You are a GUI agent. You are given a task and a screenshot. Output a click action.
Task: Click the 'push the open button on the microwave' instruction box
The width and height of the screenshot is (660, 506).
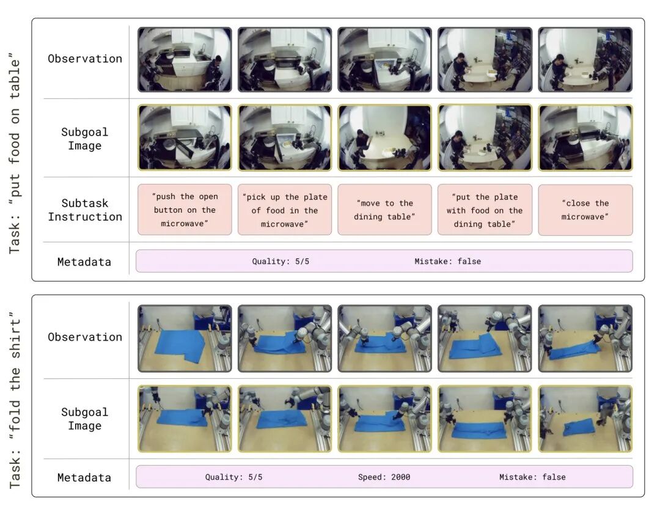click(185, 210)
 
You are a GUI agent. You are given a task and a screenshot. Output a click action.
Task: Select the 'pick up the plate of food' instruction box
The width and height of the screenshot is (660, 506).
click(285, 210)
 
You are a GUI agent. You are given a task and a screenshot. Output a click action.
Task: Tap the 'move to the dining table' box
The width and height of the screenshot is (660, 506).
click(385, 210)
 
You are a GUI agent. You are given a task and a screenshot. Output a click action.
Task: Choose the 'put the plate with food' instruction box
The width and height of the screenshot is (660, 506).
click(485, 210)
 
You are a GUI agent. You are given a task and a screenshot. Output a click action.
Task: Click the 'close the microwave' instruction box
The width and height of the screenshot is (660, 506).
click(585, 210)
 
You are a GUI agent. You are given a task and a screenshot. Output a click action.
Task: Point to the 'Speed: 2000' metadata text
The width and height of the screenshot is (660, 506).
click(384, 477)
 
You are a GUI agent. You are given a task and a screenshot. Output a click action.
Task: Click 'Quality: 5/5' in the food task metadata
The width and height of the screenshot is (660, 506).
click(280, 262)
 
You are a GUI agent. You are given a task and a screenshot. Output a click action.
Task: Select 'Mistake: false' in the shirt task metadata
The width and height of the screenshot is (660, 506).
click(532, 477)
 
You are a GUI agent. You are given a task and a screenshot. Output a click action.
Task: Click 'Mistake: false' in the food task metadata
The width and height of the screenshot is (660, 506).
click(447, 262)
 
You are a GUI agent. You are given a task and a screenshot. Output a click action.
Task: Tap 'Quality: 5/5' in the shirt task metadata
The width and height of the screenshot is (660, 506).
click(233, 477)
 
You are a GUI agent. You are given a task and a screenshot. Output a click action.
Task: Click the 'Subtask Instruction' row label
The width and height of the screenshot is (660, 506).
click(85, 210)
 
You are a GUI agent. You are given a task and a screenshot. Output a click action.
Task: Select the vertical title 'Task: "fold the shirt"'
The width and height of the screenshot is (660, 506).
click(15, 400)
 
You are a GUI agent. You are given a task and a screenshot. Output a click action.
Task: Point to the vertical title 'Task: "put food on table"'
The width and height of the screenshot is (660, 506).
click(15, 153)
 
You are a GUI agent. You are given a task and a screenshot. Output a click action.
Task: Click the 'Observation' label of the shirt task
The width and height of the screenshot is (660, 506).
click(85, 337)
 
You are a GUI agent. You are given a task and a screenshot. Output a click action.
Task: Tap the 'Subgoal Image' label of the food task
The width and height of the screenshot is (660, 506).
click(85, 139)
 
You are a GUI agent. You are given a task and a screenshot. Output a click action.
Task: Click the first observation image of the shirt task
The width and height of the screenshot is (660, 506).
click(185, 339)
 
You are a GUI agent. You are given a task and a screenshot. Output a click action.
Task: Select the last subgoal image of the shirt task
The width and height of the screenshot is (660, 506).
click(585, 419)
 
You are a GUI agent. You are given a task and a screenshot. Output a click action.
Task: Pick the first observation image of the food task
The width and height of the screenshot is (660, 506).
click(185, 59)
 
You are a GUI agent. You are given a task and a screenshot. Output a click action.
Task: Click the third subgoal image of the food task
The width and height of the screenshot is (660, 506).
click(385, 137)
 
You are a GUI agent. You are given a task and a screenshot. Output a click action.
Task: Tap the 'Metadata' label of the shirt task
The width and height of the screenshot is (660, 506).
click(84, 477)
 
